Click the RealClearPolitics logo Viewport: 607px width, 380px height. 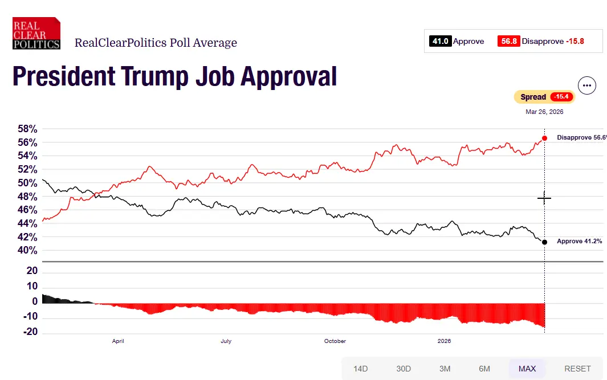pos(36,33)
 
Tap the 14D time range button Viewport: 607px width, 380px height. pos(360,369)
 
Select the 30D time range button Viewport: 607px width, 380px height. pos(404,369)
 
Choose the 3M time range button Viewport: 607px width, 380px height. pos(445,369)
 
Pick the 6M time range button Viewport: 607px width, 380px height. pos(484,369)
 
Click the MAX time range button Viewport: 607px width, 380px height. pos(527,369)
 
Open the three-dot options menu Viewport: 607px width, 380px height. pos(587,85)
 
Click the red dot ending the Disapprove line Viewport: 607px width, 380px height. pos(545,138)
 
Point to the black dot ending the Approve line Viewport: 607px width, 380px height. pos(545,242)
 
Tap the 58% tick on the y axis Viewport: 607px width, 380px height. pos(27,129)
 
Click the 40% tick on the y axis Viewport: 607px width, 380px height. pos(27,251)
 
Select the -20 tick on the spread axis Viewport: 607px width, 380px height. pos(31,332)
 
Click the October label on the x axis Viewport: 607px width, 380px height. pos(335,341)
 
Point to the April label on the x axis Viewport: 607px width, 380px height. pos(118,341)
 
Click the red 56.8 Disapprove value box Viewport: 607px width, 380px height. pos(508,41)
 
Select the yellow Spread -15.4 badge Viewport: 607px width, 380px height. pos(544,97)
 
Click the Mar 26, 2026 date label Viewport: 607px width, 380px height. pos(544,112)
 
